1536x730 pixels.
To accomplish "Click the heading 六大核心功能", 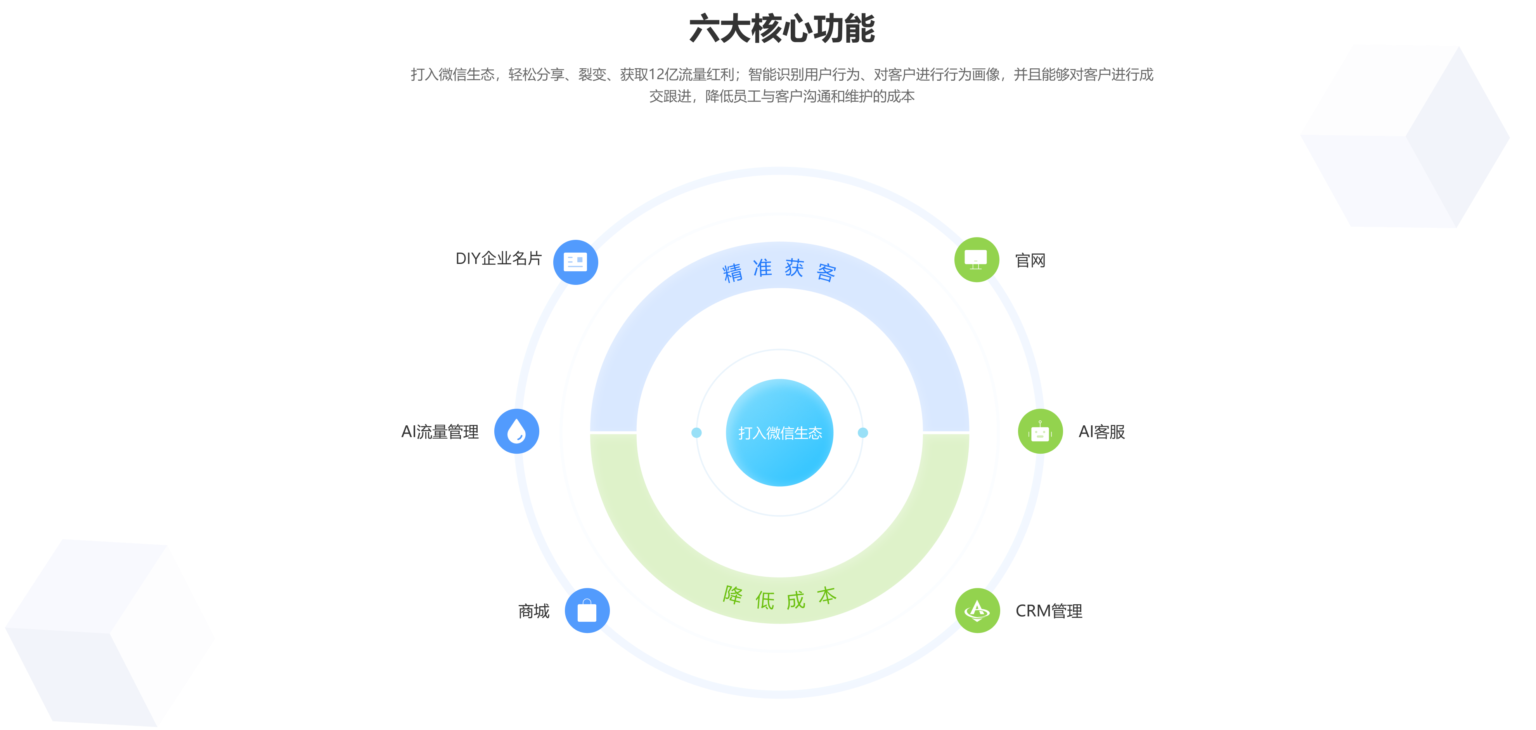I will tap(782, 29).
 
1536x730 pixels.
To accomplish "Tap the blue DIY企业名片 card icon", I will tap(575, 262).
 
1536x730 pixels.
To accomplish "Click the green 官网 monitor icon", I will tap(976, 259).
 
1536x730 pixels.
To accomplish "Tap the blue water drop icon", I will tap(516, 431).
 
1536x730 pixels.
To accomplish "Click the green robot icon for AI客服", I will tap(1040, 431).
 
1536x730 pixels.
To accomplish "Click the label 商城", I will tap(533, 611).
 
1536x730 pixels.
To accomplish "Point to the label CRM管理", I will tap(1048, 611).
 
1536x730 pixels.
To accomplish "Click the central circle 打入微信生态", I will tap(780, 432).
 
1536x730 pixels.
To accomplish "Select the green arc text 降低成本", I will tap(780, 598).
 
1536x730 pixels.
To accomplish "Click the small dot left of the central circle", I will tap(696, 432).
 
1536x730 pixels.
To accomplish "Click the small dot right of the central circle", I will tap(863, 432).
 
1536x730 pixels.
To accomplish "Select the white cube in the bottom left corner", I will tap(110, 632).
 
